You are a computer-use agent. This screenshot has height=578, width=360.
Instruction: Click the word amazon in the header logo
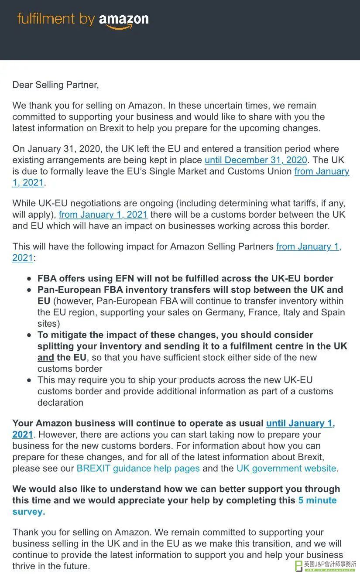(x=124, y=19)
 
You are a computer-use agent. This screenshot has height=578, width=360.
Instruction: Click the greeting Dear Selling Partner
(x=55, y=85)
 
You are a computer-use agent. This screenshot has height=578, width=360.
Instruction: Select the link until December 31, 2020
(x=256, y=160)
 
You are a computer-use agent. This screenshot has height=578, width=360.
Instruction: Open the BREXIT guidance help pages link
(x=138, y=469)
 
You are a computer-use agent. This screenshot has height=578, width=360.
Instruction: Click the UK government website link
(x=286, y=469)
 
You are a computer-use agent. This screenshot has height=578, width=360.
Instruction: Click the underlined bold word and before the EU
(x=45, y=358)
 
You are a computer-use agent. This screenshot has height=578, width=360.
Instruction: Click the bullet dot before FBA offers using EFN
(x=29, y=279)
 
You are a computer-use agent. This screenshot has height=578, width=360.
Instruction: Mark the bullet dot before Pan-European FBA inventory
(x=29, y=290)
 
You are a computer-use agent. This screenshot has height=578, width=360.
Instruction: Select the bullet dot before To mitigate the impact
(x=29, y=335)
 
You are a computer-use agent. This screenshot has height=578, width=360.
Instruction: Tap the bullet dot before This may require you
(x=29, y=380)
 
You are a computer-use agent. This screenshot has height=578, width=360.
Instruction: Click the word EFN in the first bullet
(x=126, y=279)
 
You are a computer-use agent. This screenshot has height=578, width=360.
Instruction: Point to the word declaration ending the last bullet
(x=60, y=403)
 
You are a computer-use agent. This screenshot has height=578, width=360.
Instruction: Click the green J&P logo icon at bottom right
(x=299, y=566)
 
